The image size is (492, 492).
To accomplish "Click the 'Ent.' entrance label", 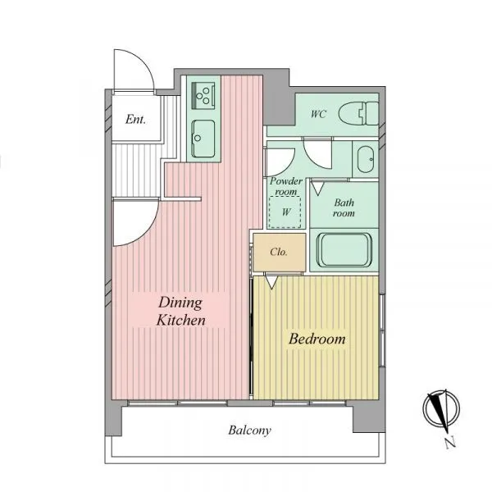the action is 135,120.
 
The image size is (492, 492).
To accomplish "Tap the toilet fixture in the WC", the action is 358,114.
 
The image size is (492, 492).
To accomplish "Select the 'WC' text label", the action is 318,114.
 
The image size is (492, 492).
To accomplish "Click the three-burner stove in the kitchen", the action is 203,96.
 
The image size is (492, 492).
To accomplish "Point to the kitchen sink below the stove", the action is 203,139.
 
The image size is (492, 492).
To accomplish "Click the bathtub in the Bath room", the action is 344,250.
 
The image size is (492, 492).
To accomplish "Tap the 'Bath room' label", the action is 344,207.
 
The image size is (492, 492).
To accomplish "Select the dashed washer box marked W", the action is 285,212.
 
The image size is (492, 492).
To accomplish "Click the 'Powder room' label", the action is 286,186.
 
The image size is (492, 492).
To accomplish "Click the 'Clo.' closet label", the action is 279,252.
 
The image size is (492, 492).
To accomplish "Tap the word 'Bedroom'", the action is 317,339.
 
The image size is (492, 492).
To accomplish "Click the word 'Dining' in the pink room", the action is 180,303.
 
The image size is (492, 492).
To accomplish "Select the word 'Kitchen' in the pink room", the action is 181,320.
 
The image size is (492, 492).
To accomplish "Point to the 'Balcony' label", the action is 250,430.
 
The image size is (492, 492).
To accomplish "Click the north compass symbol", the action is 441,408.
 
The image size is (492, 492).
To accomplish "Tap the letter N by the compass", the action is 450,443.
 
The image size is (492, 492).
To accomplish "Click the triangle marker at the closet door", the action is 271,282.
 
